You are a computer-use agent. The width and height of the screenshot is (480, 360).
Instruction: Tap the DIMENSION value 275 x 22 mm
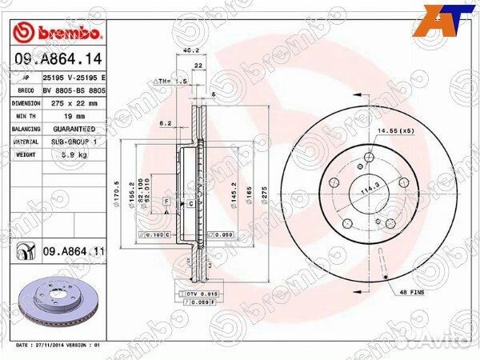pos(74,103)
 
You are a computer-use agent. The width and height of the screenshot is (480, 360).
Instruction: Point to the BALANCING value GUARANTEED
pos(74,129)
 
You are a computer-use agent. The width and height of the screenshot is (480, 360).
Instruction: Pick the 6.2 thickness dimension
pos(166,124)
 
